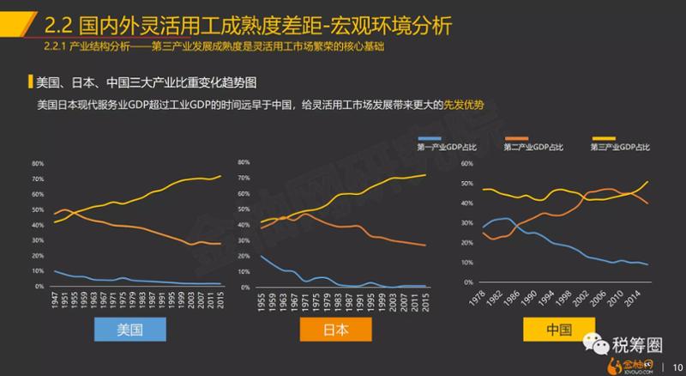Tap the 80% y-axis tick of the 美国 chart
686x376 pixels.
[38, 162]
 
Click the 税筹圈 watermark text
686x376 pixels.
[637, 345]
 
